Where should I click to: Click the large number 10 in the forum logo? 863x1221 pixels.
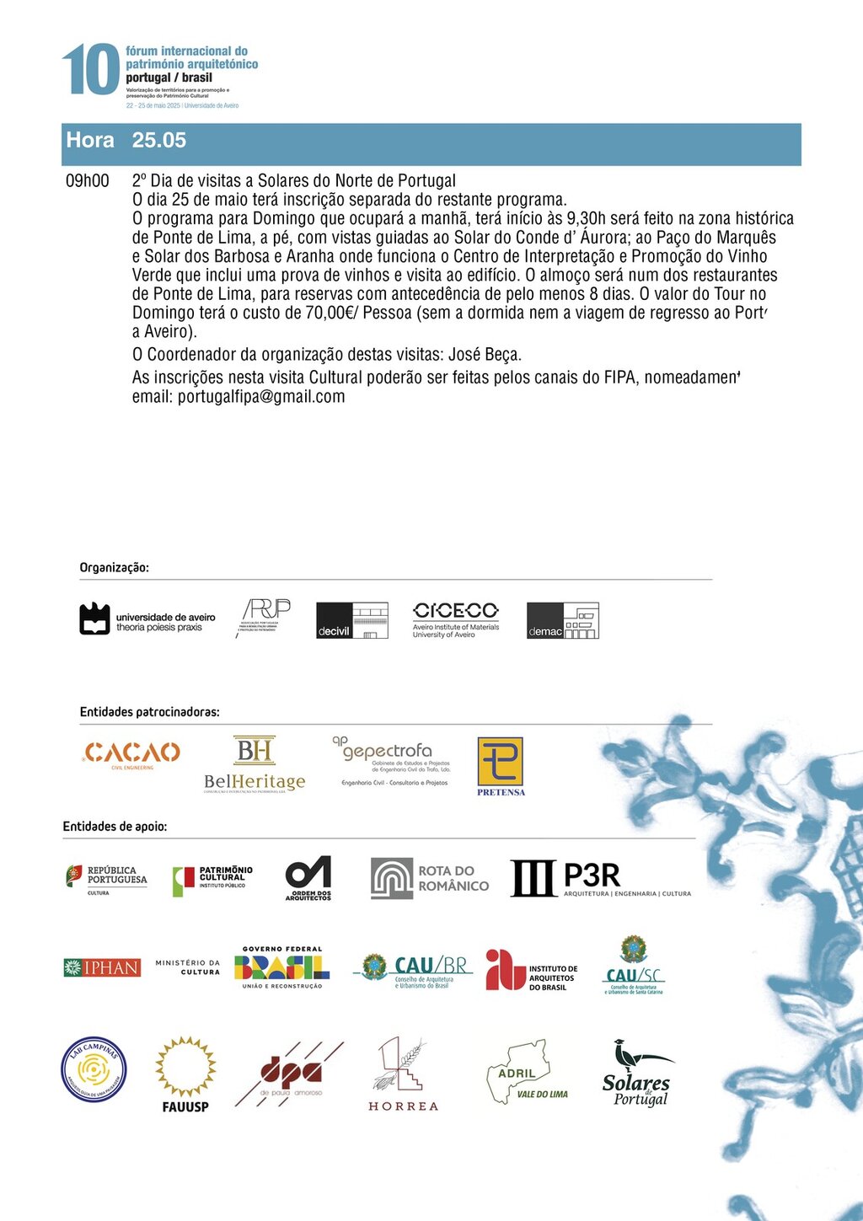[x=90, y=70]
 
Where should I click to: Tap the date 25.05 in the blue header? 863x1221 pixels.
[x=158, y=140]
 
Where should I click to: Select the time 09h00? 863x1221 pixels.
[x=88, y=181]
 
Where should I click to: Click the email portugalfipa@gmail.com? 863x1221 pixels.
[x=260, y=397]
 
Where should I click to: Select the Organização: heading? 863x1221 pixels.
[x=115, y=568]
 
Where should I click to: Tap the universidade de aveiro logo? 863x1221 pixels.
[x=147, y=620]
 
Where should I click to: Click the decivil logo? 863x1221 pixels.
[x=351, y=620]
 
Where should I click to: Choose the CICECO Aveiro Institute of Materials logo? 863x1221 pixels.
[x=455, y=619]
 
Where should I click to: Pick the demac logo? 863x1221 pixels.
[x=562, y=620]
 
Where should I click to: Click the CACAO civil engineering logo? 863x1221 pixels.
[x=132, y=754]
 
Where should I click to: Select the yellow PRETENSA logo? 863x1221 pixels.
[x=501, y=766]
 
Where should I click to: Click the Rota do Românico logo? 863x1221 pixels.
[x=430, y=878]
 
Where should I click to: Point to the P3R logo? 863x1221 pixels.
[x=600, y=878]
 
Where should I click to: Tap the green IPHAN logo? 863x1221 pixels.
[x=102, y=968]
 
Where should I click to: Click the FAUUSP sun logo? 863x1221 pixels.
[x=185, y=1075]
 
